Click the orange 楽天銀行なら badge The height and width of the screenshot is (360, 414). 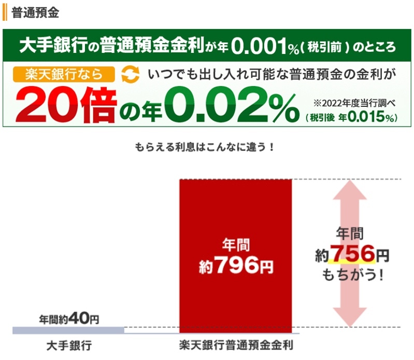pos(65,74)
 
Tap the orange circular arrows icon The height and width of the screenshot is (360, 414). pos(130,75)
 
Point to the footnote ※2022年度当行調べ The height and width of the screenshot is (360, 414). pos(355,102)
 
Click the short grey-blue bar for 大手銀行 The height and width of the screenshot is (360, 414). pos(68,330)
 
